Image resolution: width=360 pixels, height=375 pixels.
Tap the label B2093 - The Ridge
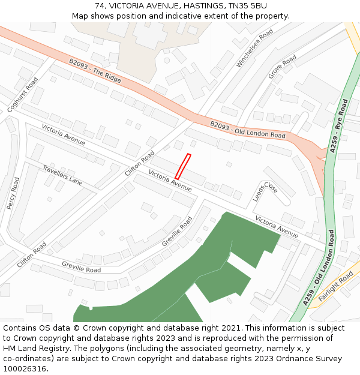tap(95, 71)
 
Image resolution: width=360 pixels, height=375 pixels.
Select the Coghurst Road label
tap(23, 94)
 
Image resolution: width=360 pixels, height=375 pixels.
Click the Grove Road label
tap(282, 67)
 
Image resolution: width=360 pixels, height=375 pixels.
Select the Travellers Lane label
tap(62, 174)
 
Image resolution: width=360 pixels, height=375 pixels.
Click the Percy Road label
tap(13, 193)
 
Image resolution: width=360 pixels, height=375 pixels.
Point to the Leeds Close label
tap(265, 191)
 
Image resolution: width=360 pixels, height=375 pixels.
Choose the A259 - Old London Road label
tap(319, 268)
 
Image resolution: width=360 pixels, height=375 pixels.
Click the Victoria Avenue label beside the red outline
tap(170, 181)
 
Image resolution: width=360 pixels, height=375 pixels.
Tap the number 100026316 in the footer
tap(25, 368)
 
